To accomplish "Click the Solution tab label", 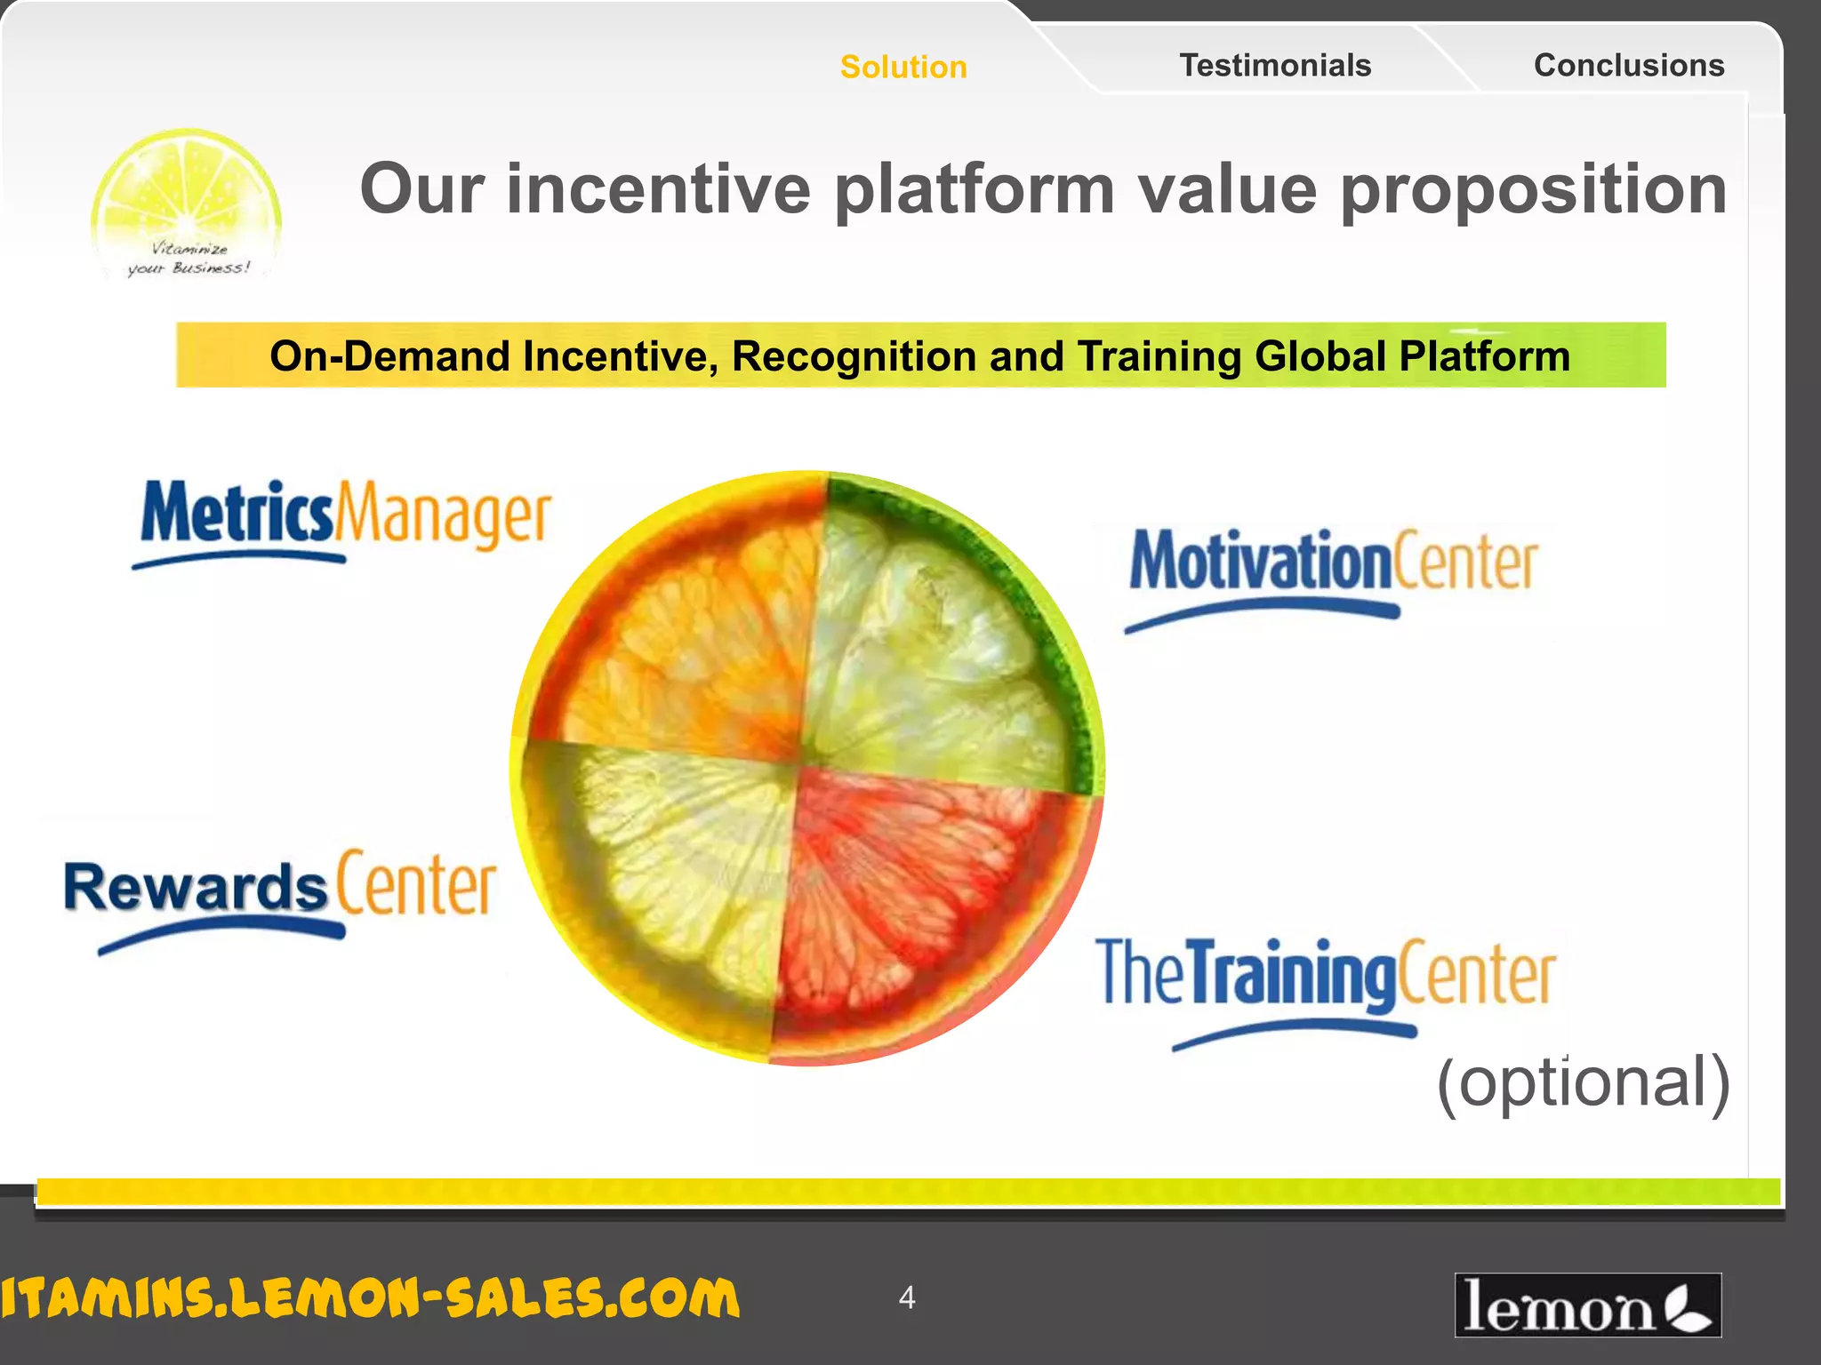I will coord(903,68).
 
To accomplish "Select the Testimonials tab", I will coord(1275,66).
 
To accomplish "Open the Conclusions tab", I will coord(1629,66).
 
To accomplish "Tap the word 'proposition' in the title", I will coord(1533,190).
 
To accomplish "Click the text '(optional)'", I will coord(1583,1082).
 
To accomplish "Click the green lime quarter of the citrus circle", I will coord(943,640).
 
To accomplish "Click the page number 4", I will coord(906,1297).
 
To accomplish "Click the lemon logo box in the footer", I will coord(1587,1305).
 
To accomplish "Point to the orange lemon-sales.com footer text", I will coord(369,1298).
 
